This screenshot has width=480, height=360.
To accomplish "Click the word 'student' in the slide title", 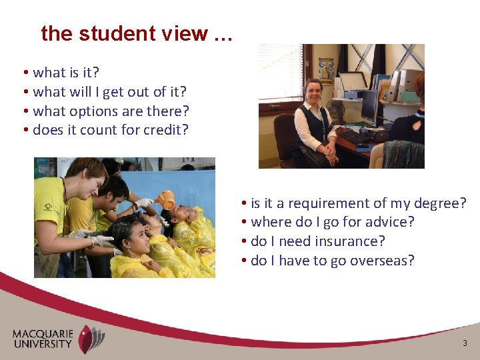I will pyautogui.click(x=108, y=33).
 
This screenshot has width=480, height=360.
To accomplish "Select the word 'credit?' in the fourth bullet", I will pyautogui.click(x=164, y=129).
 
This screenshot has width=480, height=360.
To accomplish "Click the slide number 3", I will pyautogui.click(x=465, y=343).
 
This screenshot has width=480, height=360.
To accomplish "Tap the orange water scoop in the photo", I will pyautogui.click(x=167, y=199).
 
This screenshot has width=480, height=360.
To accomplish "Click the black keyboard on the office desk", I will pyautogui.click(x=353, y=137).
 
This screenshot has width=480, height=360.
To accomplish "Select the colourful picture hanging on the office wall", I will pyautogui.click(x=325, y=69).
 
